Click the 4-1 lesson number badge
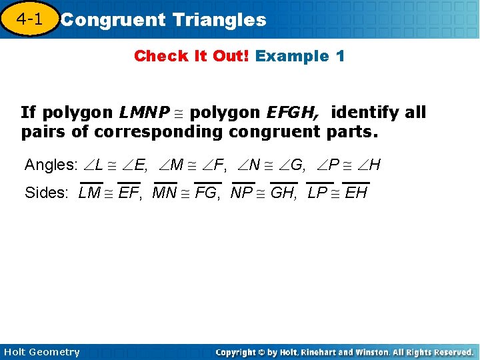click(29, 19)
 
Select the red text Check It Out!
click(191, 56)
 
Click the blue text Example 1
click(300, 56)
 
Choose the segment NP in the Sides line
click(243, 193)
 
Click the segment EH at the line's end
click(356, 193)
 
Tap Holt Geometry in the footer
click(41, 352)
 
